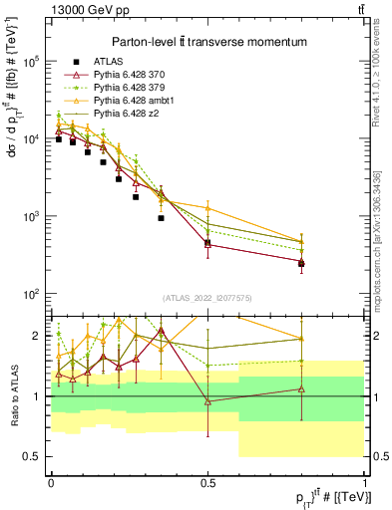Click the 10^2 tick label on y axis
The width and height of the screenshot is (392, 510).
[32, 294]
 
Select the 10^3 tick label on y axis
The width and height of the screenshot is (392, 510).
[32, 216]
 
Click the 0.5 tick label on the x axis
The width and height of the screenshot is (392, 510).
[207, 480]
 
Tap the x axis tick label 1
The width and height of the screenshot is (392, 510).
[365, 480]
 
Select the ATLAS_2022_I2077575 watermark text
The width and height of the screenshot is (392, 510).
[207, 297]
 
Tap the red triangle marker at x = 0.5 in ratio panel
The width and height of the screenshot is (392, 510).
[207, 401]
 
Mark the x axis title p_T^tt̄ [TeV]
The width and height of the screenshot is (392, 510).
[330, 497]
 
